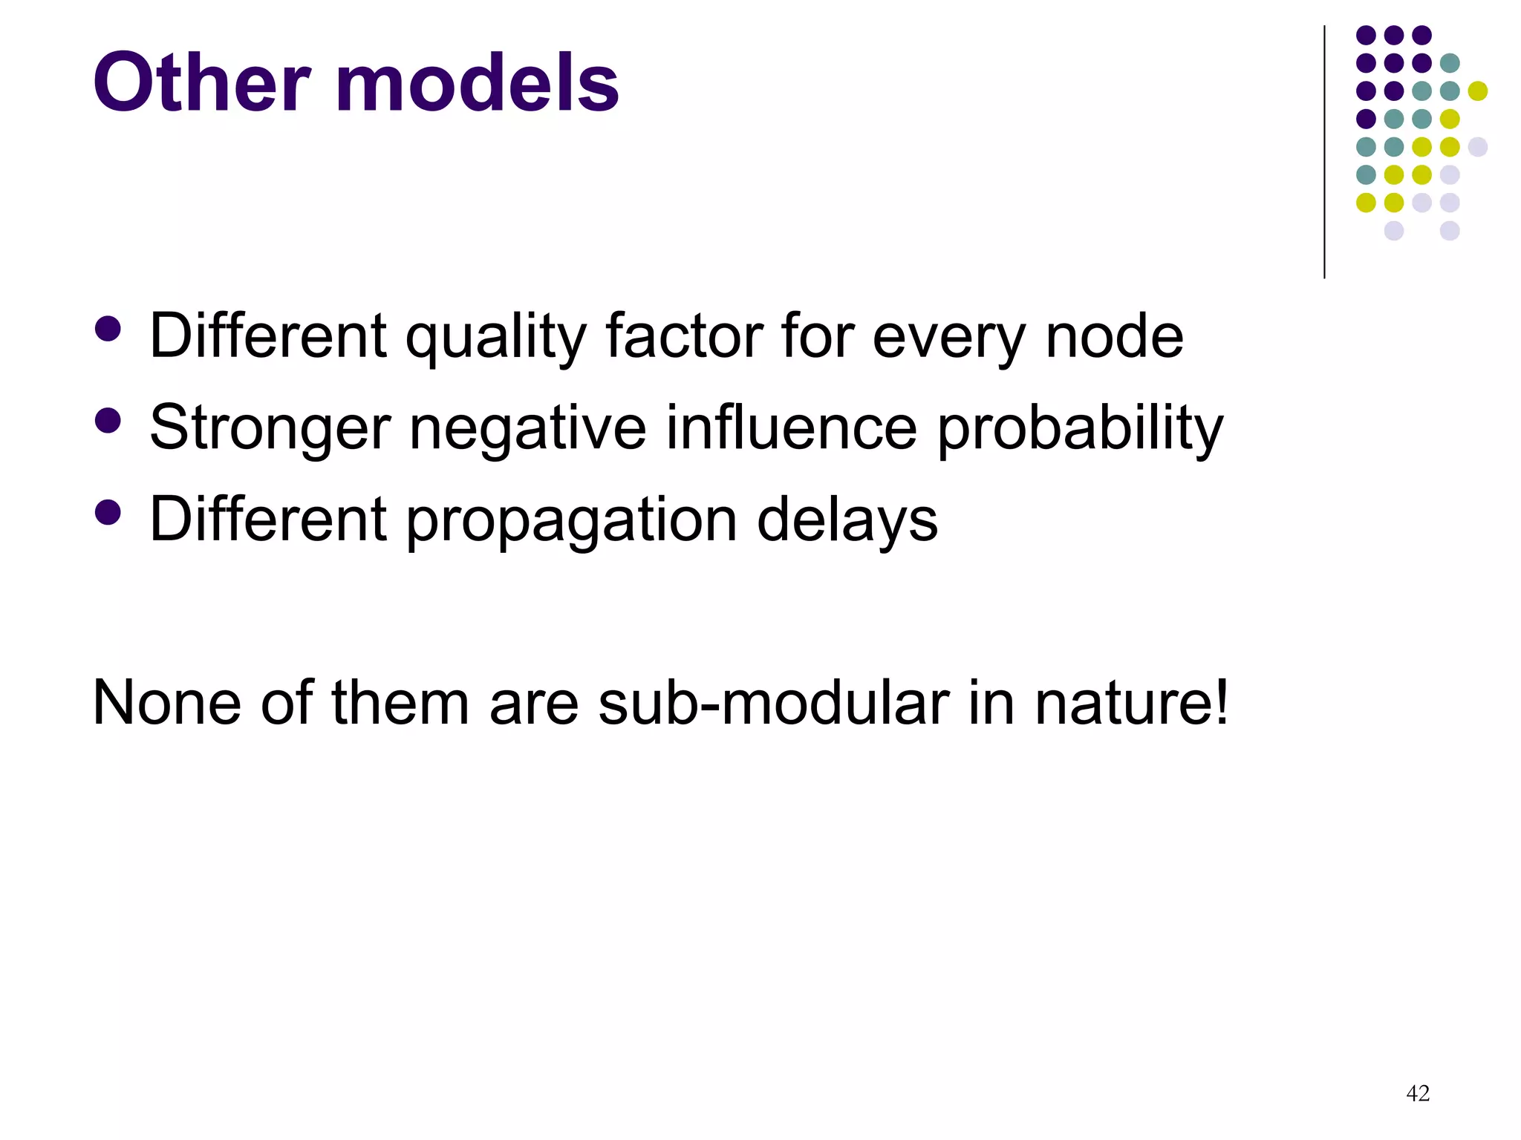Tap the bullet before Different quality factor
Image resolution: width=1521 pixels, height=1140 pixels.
tap(108, 330)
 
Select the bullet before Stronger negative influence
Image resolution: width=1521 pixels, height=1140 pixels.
tap(108, 421)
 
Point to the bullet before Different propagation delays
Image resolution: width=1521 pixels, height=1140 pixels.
tap(108, 512)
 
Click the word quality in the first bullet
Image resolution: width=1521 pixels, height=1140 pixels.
tap(495, 338)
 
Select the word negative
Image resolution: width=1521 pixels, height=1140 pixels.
tap(528, 429)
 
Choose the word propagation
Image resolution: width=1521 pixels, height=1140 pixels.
tap(571, 521)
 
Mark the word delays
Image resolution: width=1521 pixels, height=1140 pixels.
tap(847, 521)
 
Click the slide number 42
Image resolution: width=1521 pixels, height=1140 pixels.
tap(1418, 1092)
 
